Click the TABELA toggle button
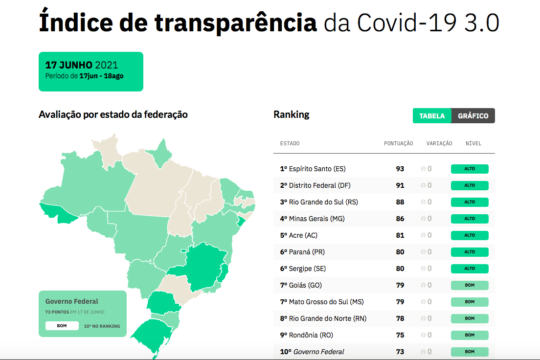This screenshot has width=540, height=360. (432, 116)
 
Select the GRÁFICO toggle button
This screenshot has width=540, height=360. (473, 116)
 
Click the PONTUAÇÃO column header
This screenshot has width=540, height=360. (398, 143)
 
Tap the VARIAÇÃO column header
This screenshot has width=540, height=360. (439, 143)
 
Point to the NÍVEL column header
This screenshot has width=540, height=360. (473, 143)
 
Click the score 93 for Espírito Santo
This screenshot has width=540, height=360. (400, 169)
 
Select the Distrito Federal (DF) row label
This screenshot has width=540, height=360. (319, 185)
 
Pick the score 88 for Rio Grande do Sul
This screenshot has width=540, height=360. (400, 202)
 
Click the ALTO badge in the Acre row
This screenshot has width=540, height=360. (470, 235)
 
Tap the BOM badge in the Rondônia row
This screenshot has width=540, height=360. (470, 335)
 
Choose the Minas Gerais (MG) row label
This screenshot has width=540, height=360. (316, 219)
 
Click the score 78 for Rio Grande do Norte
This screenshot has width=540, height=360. (400, 318)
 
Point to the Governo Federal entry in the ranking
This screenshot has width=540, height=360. (318, 352)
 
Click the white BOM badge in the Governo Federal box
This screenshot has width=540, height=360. (62, 326)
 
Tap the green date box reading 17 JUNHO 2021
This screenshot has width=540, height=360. (91, 71)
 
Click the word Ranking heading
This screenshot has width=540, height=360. (292, 114)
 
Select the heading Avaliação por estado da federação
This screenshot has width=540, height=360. (113, 114)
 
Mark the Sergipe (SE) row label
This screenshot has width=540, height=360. (307, 269)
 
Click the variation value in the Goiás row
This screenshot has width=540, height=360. (427, 285)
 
